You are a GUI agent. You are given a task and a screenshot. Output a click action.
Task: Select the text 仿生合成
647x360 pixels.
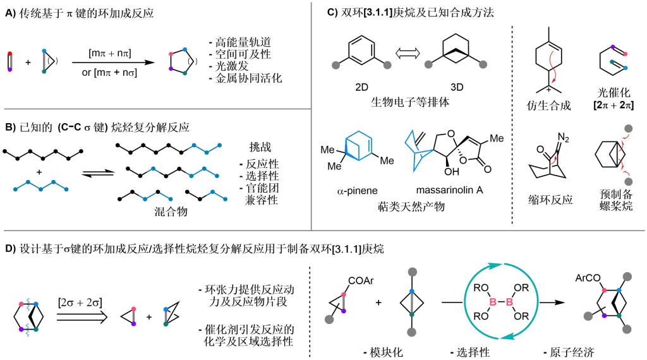tap(548, 105)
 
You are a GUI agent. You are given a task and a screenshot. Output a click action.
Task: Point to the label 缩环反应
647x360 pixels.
tap(548, 199)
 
